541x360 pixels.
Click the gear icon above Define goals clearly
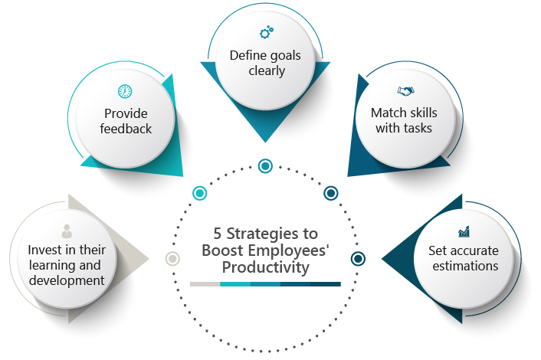click(267, 32)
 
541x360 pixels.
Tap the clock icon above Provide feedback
click(125, 91)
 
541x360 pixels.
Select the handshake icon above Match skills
click(406, 91)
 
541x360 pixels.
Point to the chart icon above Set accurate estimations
click(464, 231)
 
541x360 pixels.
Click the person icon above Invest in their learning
click(67, 231)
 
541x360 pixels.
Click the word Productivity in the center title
click(265, 267)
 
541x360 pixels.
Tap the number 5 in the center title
click(217, 234)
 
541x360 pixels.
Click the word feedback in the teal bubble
click(126, 129)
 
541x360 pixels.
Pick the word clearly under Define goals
click(267, 71)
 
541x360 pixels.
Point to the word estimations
click(465, 266)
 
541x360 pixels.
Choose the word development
click(67, 280)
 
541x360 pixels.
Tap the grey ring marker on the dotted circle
click(172, 259)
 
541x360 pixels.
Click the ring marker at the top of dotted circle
click(265, 166)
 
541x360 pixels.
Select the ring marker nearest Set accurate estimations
click(358, 259)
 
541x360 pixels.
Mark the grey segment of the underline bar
click(205, 284)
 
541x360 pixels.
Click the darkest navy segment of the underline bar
click(326, 284)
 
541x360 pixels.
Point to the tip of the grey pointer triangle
click(149, 259)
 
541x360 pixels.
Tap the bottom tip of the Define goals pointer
click(265, 142)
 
